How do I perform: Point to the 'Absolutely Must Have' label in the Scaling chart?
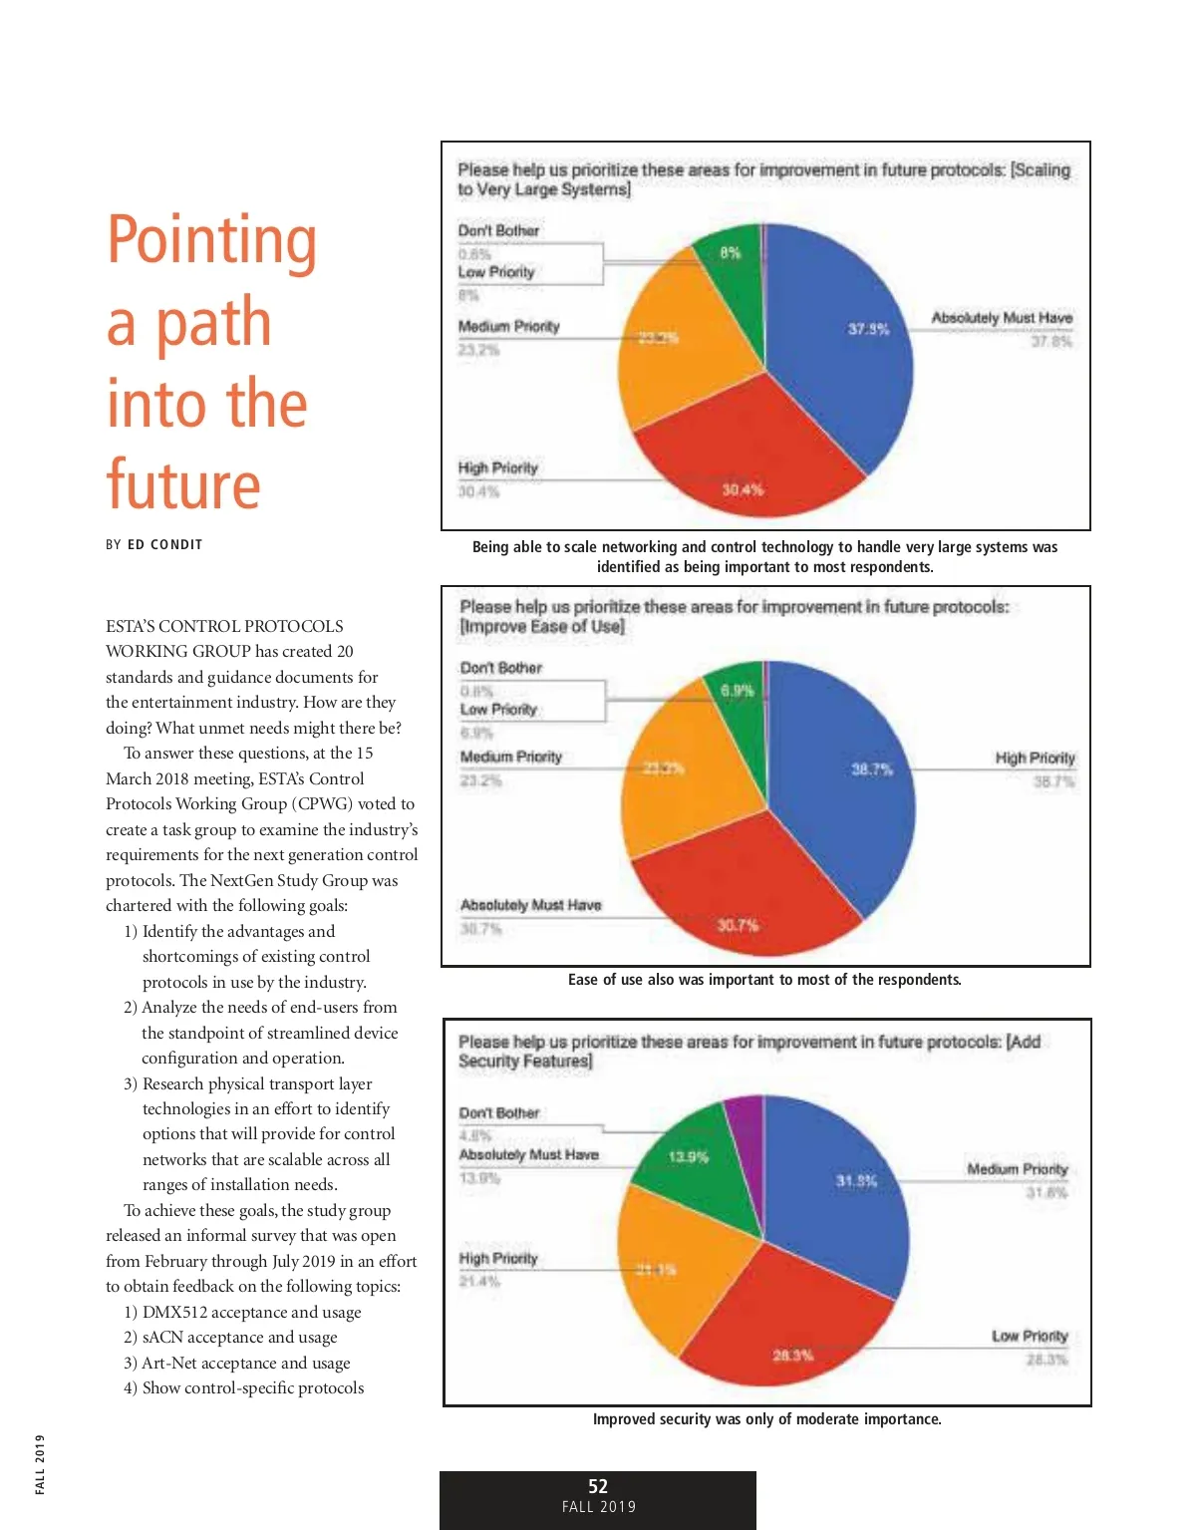pos(1002,318)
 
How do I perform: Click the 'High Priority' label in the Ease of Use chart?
pos(1035,758)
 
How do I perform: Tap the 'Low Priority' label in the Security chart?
pos(1029,1336)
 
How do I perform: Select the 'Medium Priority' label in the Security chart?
pos(1017,1169)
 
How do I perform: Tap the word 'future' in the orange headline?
pos(183,486)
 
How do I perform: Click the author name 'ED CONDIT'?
pos(164,544)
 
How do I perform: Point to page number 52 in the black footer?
pos(598,1486)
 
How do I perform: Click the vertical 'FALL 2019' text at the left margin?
pos(40,1464)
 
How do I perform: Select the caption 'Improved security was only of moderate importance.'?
pos(766,1419)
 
